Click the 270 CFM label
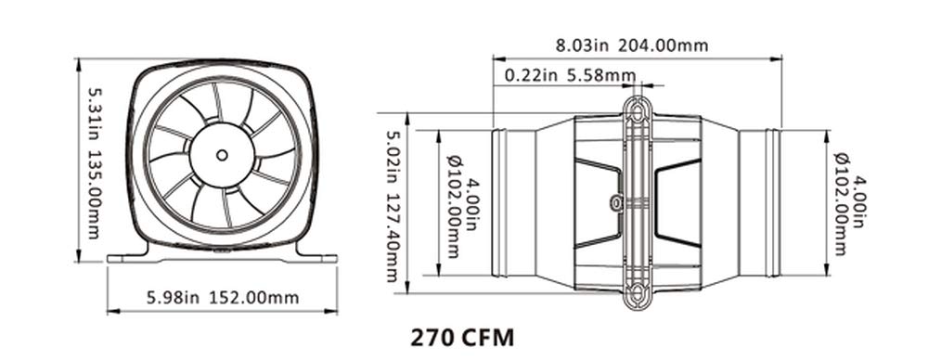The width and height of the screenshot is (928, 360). click(462, 338)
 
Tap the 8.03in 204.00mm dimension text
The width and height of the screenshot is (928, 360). click(631, 45)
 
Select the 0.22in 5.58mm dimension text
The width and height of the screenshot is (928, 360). click(571, 75)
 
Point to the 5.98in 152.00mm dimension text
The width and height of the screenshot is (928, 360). click(223, 297)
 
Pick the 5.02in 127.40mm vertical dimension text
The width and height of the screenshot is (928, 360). click(393, 206)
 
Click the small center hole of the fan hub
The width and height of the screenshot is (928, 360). click(222, 155)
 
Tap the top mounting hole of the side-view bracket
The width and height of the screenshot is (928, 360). click(638, 111)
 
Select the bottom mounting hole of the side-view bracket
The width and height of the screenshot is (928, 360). click(638, 293)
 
